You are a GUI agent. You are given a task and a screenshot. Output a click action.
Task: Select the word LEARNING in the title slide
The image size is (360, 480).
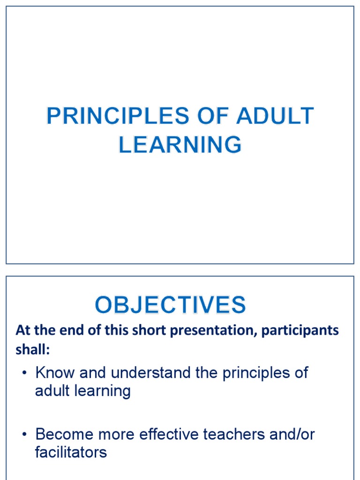(180, 144)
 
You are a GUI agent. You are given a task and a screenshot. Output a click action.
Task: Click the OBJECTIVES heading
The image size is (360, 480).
(170, 306)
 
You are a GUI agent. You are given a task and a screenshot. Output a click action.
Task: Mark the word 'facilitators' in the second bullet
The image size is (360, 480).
(71, 452)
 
